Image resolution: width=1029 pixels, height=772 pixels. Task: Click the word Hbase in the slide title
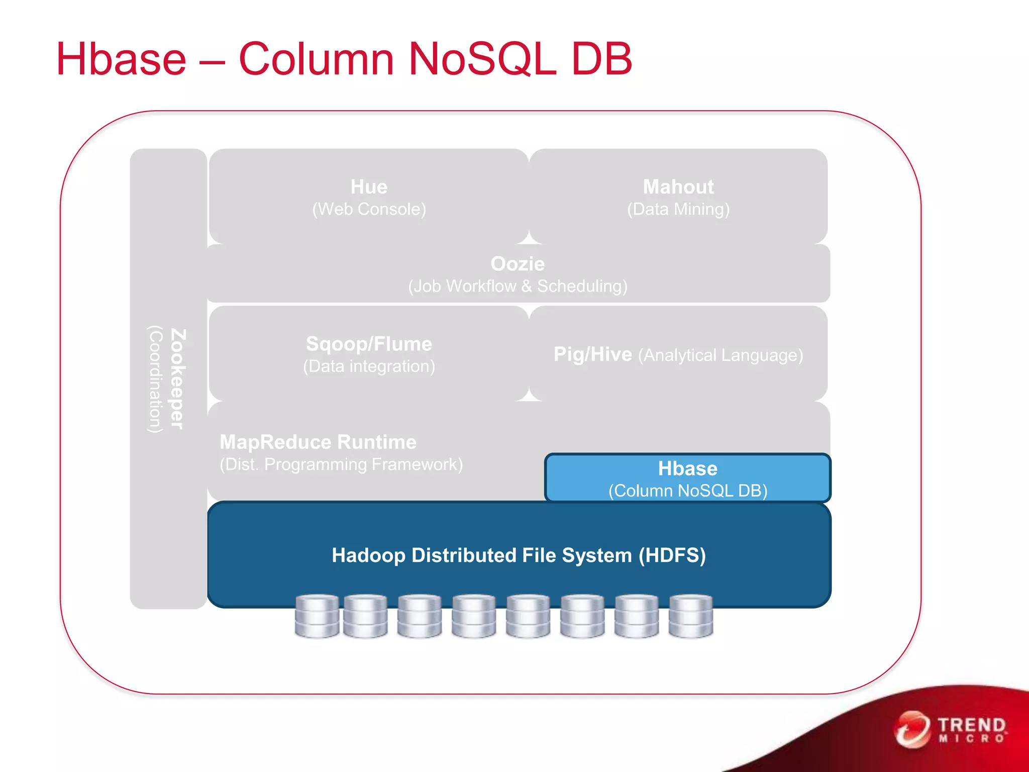121,59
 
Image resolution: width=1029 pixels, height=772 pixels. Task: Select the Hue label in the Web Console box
369,187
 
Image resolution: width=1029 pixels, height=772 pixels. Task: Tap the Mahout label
678,187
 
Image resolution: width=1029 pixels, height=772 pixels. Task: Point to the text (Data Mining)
678,209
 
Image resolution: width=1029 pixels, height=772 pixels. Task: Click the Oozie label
518,264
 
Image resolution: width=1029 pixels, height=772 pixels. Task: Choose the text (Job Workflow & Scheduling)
518,286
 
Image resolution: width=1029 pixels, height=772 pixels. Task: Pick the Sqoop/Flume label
369,344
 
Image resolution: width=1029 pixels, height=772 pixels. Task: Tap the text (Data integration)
369,366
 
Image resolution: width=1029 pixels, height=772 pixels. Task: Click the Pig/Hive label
592,355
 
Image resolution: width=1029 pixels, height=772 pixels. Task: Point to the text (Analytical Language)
721,355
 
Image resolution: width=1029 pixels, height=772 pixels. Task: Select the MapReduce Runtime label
318,442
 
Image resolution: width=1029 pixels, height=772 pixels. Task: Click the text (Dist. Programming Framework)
341,464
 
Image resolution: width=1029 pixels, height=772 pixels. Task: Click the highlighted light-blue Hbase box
687,478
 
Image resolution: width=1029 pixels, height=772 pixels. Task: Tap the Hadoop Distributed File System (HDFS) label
519,555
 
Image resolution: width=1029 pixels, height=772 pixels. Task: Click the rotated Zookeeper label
178,379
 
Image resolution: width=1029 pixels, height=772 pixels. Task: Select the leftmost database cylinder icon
317,616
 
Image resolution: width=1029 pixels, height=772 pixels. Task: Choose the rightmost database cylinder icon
691,616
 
